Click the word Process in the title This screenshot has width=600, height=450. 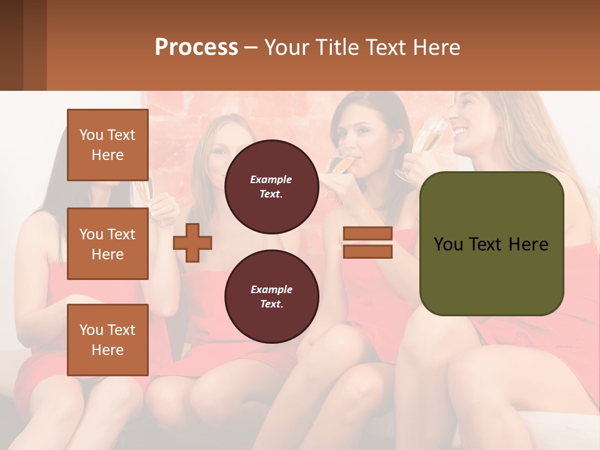(196, 47)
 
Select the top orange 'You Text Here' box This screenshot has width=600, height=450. (107, 145)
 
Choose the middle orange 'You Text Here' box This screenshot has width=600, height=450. (107, 244)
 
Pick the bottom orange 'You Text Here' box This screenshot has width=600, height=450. (107, 340)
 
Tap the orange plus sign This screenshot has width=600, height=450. (192, 242)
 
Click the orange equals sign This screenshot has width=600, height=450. (367, 242)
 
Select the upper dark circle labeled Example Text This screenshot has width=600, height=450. (271, 186)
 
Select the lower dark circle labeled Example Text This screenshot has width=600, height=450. (271, 296)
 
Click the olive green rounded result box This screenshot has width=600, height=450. (491, 244)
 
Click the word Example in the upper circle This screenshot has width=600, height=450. (271, 179)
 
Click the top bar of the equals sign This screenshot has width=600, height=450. (367, 234)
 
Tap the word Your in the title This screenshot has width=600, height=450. (285, 47)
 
